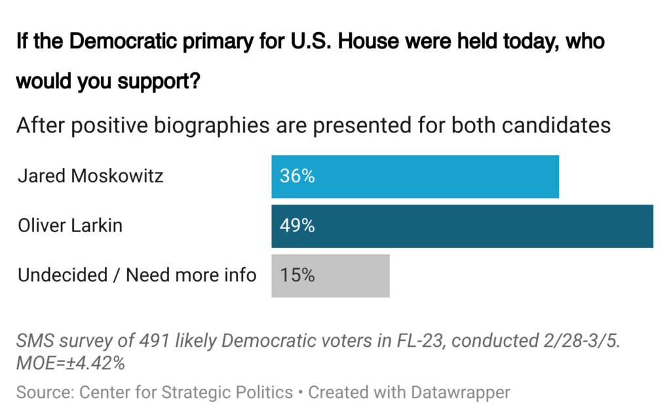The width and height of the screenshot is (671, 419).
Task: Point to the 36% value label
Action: click(297, 176)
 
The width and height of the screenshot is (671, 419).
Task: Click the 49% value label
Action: click(297, 226)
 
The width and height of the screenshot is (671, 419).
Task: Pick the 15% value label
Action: click(297, 275)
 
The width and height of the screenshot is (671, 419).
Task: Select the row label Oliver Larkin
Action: click(70, 226)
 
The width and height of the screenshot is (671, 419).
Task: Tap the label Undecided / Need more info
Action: click(137, 275)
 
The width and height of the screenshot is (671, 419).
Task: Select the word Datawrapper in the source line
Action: click(460, 393)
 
